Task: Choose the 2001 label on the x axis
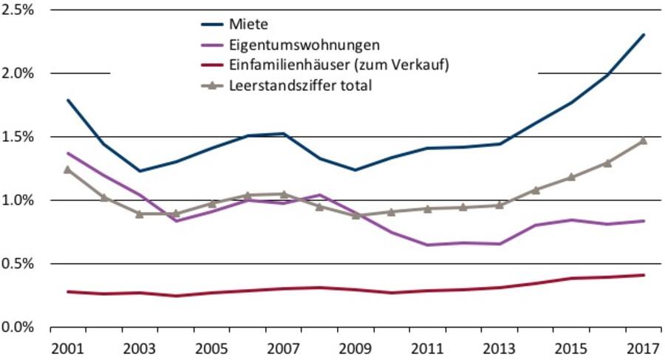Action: click(68, 347)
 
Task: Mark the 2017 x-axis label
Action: click(643, 347)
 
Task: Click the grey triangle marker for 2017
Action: click(643, 140)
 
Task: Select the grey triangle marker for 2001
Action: click(68, 169)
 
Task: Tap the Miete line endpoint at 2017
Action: click(644, 35)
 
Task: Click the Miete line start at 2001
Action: click(67, 100)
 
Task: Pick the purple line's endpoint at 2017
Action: click(644, 221)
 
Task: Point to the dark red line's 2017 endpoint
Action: click(644, 275)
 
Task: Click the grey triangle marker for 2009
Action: click(355, 215)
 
